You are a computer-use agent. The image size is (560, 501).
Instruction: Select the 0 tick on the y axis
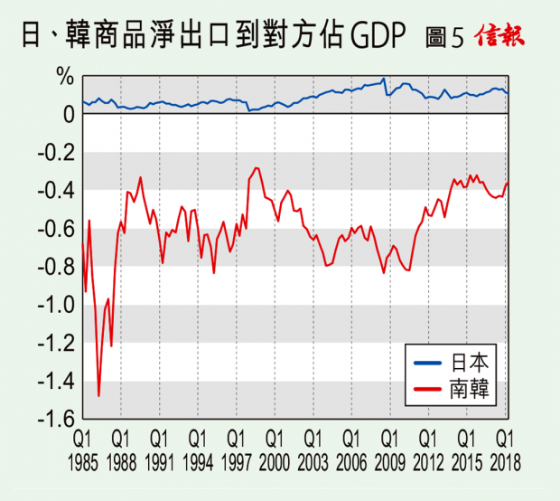click(67, 115)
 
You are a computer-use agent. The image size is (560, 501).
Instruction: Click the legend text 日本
click(469, 363)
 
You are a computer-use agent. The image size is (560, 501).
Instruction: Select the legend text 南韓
click(469, 387)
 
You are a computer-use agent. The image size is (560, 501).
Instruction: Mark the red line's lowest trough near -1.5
click(98, 395)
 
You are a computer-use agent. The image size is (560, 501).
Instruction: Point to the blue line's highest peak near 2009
click(384, 80)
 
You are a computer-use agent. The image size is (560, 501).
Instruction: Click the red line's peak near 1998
click(257, 168)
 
